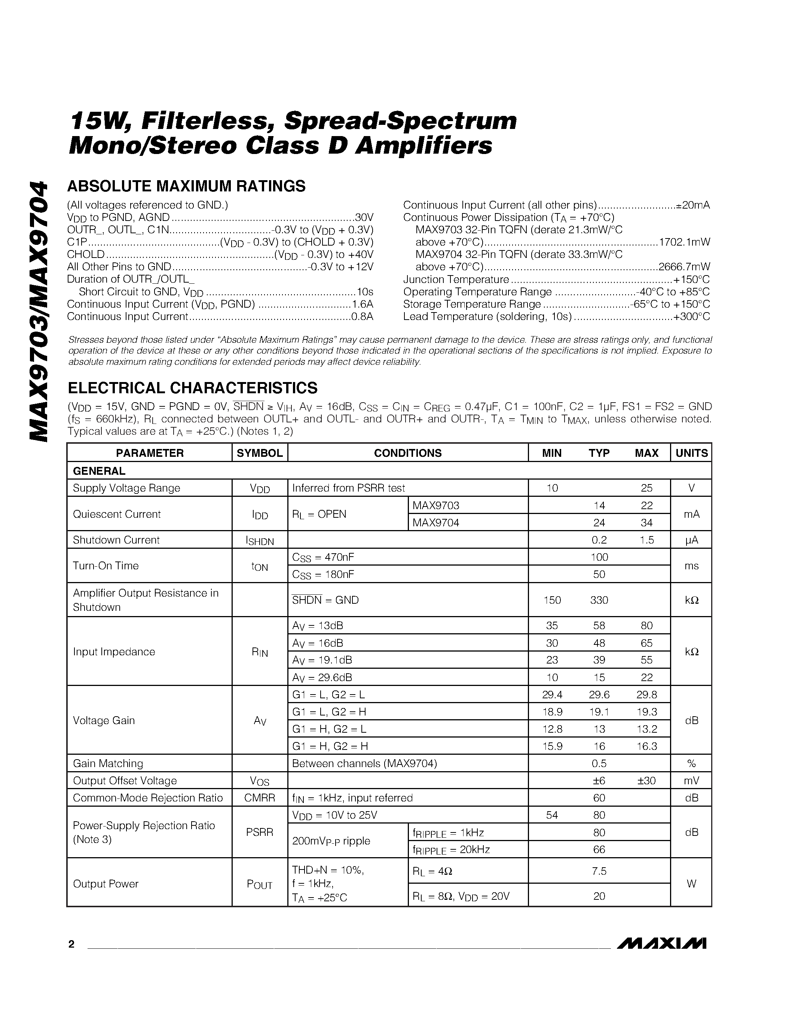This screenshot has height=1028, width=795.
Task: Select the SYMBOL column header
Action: click(x=260, y=453)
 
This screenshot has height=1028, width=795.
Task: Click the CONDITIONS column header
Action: click(x=407, y=453)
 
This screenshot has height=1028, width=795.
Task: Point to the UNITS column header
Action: click(x=691, y=453)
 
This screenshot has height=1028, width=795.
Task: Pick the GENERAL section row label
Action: click(x=99, y=471)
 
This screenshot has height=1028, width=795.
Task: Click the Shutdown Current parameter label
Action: click(x=116, y=540)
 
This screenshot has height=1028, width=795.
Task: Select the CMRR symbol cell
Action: click(x=260, y=798)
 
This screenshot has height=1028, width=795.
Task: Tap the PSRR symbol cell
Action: click(x=260, y=832)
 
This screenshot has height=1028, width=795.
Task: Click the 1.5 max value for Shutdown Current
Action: click(x=646, y=540)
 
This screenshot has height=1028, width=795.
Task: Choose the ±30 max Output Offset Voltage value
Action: click(x=646, y=781)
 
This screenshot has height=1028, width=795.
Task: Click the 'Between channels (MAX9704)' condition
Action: click(x=364, y=763)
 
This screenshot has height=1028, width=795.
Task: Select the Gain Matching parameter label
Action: click(x=108, y=763)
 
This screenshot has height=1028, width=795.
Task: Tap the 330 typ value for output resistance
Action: click(x=599, y=600)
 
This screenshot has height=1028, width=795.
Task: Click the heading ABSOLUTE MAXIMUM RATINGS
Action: click(x=187, y=187)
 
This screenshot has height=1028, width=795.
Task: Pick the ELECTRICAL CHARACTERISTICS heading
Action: click(x=193, y=388)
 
